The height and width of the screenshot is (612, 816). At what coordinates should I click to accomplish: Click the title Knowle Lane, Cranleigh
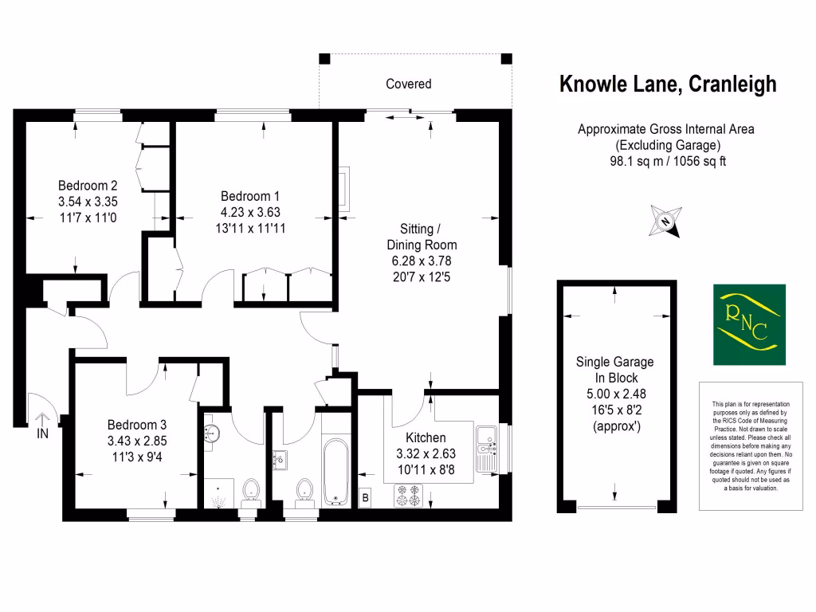667,84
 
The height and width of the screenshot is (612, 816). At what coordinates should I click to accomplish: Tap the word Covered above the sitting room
408,84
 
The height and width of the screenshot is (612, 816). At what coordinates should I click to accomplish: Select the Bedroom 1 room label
250,196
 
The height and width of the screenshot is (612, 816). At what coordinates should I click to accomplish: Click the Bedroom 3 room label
137,425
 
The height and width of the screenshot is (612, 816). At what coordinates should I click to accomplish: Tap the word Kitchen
426,437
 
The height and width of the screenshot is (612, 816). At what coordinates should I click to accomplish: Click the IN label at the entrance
42,434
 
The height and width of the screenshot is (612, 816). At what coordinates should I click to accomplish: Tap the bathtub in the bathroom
336,470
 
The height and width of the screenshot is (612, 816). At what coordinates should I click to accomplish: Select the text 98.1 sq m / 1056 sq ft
667,161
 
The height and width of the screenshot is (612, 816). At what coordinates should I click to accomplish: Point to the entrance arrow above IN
42,416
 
